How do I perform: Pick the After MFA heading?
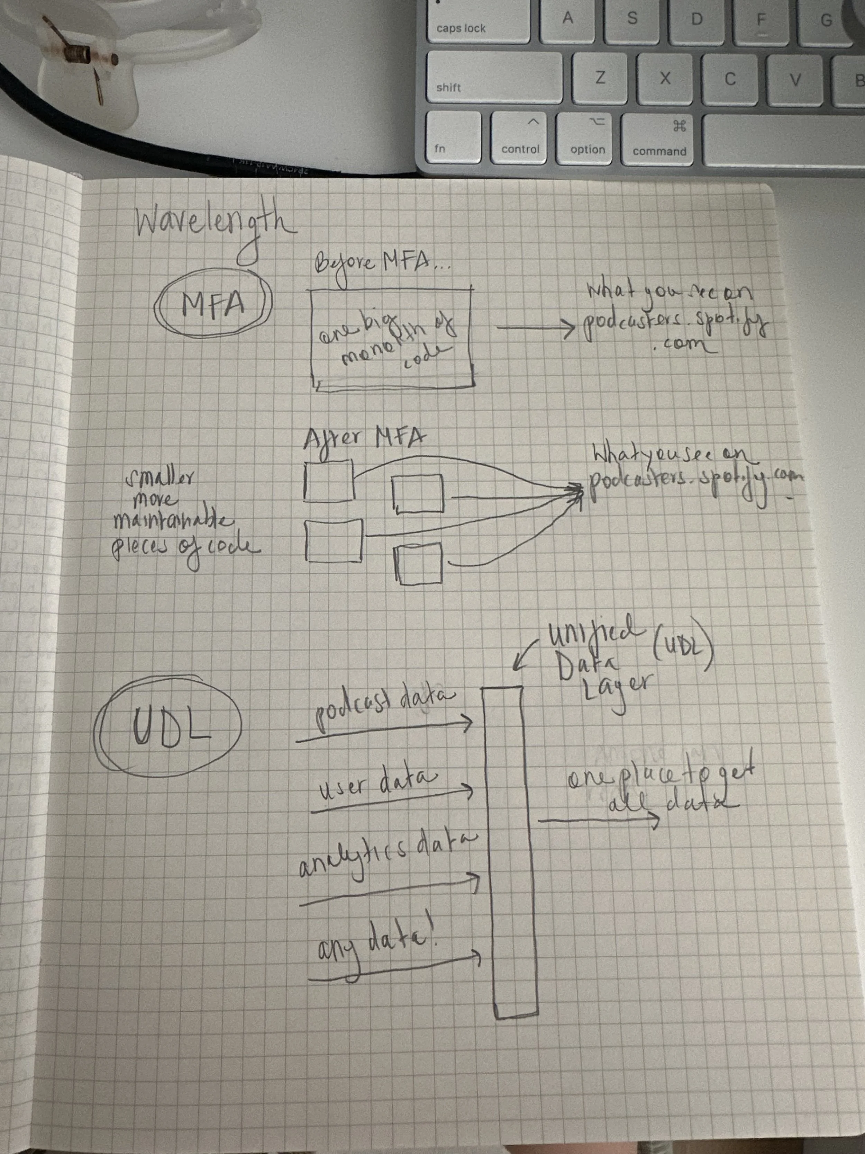click(x=364, y=439)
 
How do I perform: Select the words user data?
click(x=379, y=784)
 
